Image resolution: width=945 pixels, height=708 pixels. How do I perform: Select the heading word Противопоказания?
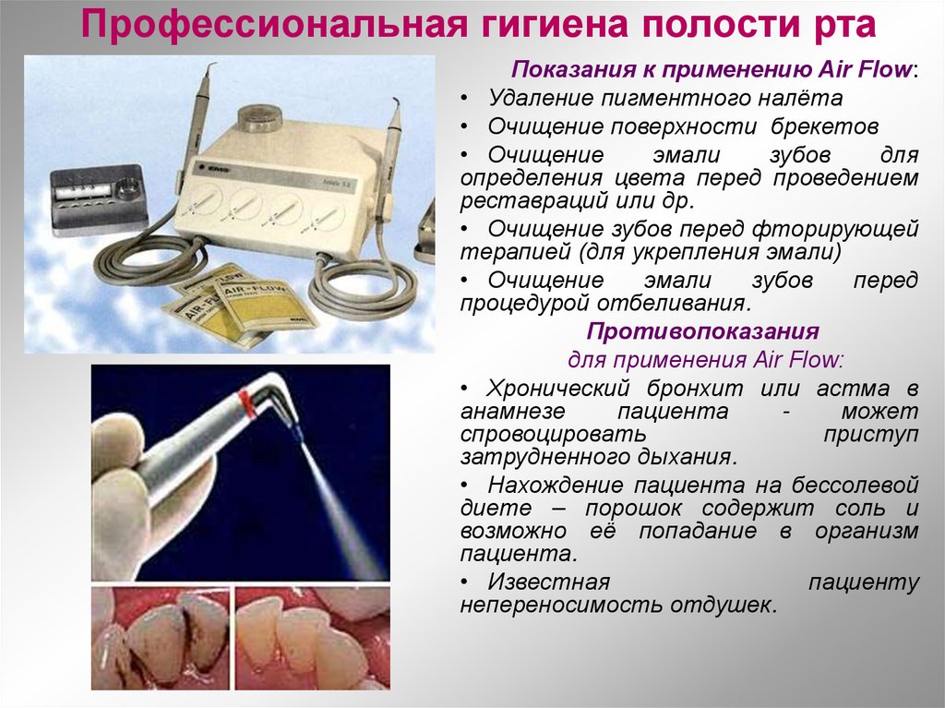coord(703,331)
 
